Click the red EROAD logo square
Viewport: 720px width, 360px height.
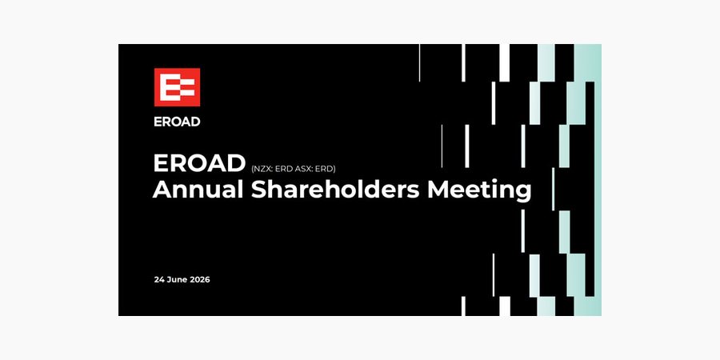tap(177, 86)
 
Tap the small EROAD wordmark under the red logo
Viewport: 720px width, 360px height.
tap(177, 122)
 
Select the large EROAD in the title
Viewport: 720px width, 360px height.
tap(199, 163)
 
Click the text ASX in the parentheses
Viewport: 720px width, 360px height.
tap(300, 169)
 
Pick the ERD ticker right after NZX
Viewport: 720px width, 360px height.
tap(282, 169)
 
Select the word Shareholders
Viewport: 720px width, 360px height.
tap(335, 190)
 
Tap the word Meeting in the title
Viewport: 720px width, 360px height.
tap(479, 191)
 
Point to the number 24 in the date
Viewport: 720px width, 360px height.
tap(159, 279)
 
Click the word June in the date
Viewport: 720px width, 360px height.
tap(177, 279)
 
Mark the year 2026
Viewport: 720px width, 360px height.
tap(200, 279)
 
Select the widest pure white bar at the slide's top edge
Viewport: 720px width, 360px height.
tap(504, 63)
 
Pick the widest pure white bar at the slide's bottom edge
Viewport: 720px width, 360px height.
tap(504, 306)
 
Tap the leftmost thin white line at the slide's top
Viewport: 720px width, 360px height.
tap(419, 63)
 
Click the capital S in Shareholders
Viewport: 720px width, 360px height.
tap(259, 190)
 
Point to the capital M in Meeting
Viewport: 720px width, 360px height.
tap(438, 190)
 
